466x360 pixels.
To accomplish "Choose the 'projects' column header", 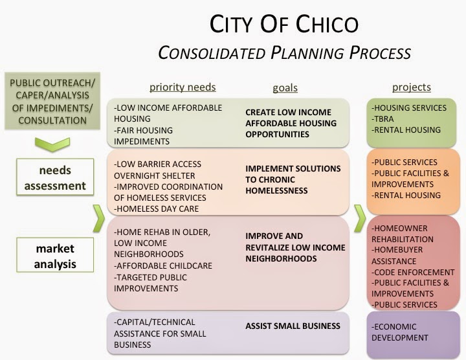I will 411,87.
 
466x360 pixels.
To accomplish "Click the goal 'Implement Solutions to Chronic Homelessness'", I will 293,179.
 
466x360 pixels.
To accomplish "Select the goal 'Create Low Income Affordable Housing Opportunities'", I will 288,123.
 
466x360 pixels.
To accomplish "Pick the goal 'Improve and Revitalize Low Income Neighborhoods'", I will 294,247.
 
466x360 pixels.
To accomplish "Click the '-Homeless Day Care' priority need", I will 156,208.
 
